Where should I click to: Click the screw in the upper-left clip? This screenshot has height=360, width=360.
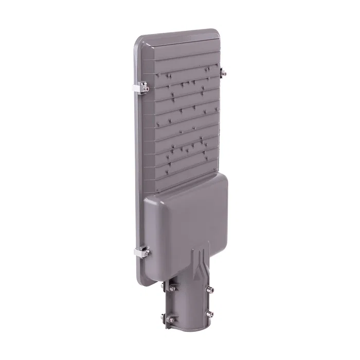coord(146,89)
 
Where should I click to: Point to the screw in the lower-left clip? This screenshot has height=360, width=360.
coord(147,253)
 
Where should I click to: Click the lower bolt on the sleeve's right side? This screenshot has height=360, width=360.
coord(209,313)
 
